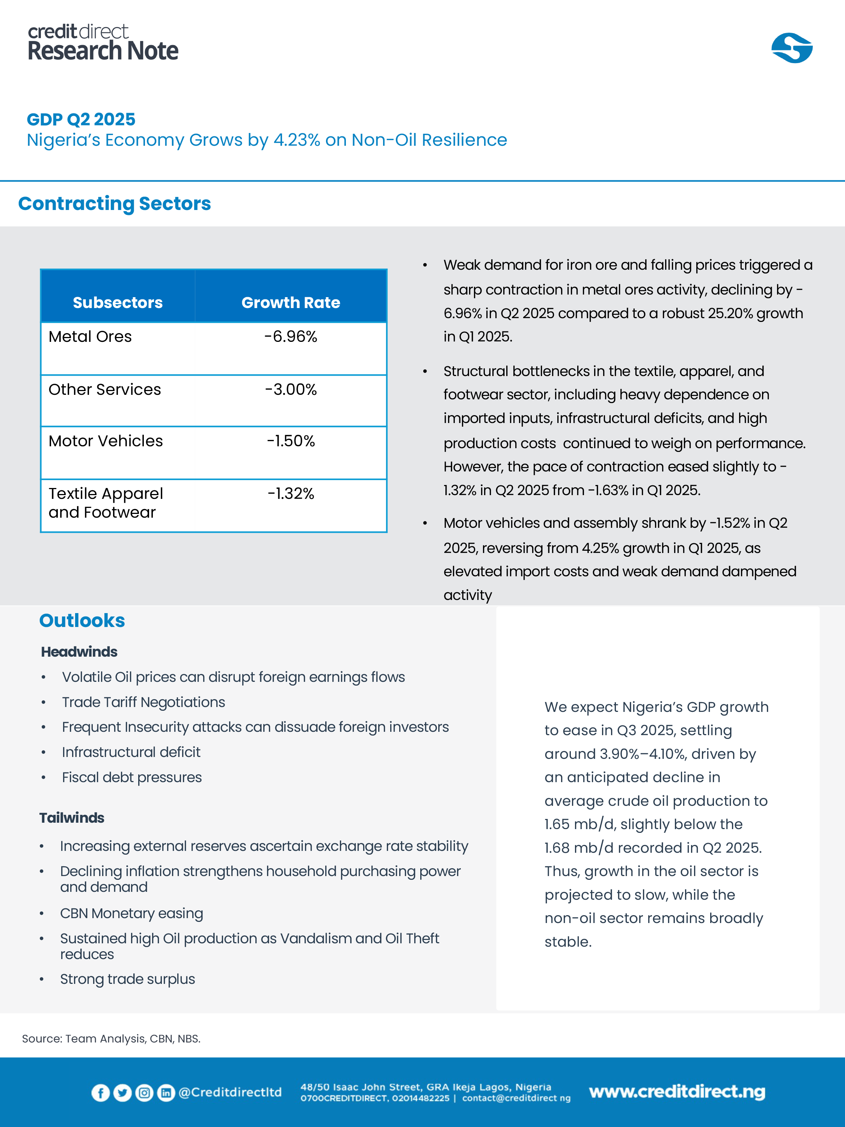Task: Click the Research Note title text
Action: click(103, 51)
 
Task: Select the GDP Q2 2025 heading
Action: click(81, 119)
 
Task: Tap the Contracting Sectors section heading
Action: click(115, 203)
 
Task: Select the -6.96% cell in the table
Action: click(290, 337)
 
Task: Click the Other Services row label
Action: click(104, 389)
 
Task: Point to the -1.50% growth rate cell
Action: click(290, 441)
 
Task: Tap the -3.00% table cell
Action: click(290, 389)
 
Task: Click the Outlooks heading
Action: click(82, 621)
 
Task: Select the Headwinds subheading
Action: click(79, 652)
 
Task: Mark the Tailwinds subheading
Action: click(72, 818)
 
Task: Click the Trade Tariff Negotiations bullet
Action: click(143, 702)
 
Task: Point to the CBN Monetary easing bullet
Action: click(131, 913)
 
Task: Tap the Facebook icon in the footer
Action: click(100, 1092)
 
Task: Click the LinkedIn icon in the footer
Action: click(166, 1092)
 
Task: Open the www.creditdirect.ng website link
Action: click(677, 1091)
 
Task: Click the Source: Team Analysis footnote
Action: click(111, 1038)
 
